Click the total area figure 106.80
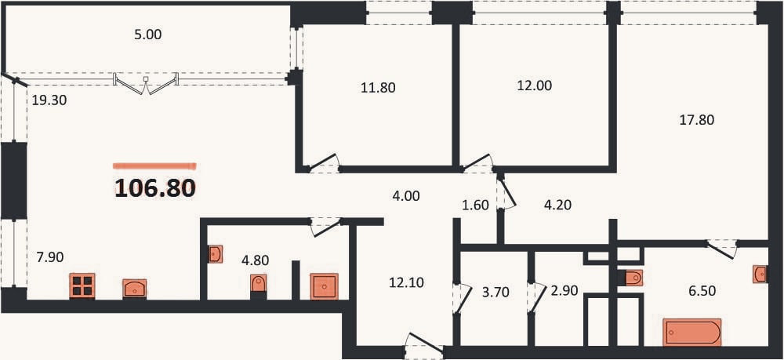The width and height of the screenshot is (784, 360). pyautogui.click(x=155, y=188)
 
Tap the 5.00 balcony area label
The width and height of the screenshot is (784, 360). pyautogui.click(x=148, y=35)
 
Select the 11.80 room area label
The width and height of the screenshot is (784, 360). pyautogui.click(x=378, y=88)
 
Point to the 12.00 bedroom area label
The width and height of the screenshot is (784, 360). pyautogui.click(x=534, y=85)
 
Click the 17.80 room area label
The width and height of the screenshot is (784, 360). pyautogui.click(x=696, y=120)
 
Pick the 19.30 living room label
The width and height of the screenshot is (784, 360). pyautogui.click(x=49, y=100)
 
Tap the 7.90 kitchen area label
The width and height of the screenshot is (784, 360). pyautogui.click(x=49, y=257)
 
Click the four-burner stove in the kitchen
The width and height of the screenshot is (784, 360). pyautogui.click(x=82, y=286)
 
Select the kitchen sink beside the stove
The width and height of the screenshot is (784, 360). pyautogui.click(x=135, y=289)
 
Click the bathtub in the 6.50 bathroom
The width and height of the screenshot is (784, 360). pyautogui.click(x=692, y=332)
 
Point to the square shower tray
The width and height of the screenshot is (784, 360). pyautogui.click(x=324, y=286)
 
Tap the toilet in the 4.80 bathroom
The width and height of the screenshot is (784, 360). pyautogui.click(x=259, y=283)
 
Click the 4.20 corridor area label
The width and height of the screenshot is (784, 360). pyautogui.click(x=557, y=205)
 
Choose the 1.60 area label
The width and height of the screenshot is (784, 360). pyautogui.click(x=475, y=205)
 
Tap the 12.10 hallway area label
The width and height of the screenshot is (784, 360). pyautogui.click(x=406, y=283)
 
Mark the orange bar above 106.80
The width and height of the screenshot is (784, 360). pyautogui.click(x=154, y=166)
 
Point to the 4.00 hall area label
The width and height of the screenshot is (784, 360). pyautogui.click(x=405, y=197)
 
